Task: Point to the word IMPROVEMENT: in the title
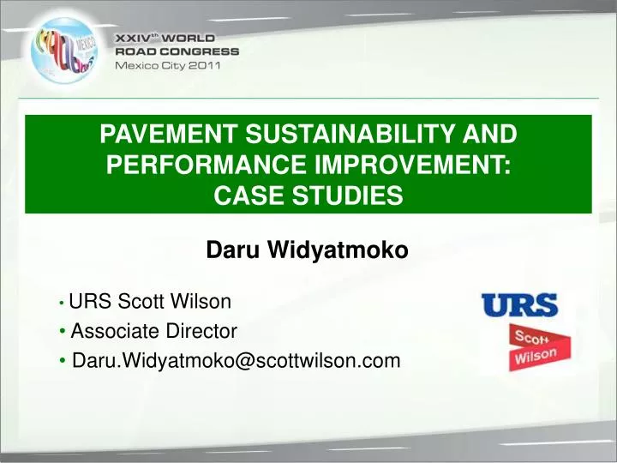[410, 165]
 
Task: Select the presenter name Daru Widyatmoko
[308, 250]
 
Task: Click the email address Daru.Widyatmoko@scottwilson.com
[236, 361]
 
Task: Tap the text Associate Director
[153, 331]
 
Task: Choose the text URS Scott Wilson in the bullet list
[150, 301]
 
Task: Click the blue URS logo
[519, 305]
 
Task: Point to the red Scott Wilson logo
[534, 346]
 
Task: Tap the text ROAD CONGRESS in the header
[177, 51]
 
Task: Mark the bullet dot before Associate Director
[64, 332]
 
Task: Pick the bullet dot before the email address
[65, 362]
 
